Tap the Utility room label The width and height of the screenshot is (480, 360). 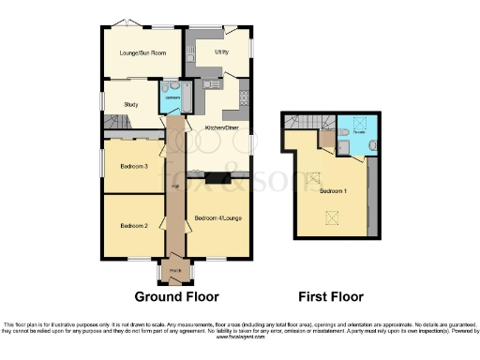click(222, 52)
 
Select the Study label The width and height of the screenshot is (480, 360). click(131, 105)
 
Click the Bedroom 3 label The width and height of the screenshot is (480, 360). click(134, 167)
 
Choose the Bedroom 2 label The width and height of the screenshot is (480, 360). click(134, 225)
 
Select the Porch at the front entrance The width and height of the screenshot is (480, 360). click(175, 273)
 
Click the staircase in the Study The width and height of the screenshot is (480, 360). click(115, 123)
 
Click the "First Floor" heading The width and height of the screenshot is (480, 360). click(331, 297)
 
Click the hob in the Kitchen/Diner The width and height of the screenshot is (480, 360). click(243, 92)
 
